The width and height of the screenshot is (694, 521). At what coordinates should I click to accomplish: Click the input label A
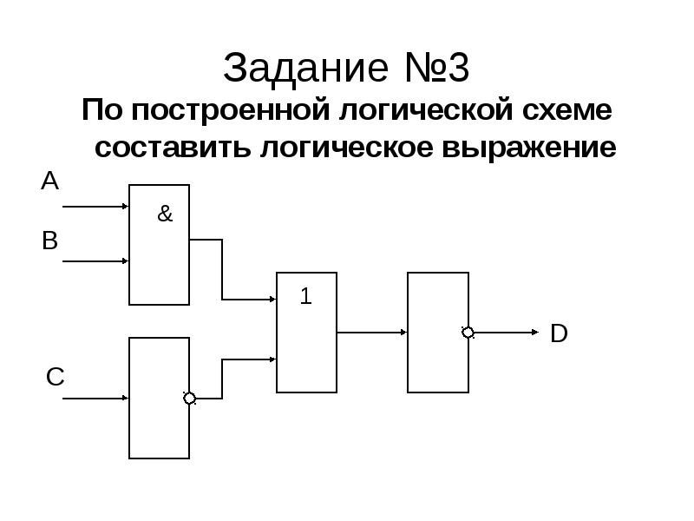(x=50, y=181)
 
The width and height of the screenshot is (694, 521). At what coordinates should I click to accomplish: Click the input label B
(x=50, y=241)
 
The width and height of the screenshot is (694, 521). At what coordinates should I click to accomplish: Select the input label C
(x=56, y=377)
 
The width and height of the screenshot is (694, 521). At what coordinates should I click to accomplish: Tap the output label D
(x=559, y=333)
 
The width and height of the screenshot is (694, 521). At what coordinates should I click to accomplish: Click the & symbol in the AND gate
(x=165, y=214)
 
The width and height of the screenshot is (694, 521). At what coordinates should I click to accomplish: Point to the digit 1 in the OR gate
(x=306, y=296)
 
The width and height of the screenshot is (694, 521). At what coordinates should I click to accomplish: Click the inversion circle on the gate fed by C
(x=189, y=399)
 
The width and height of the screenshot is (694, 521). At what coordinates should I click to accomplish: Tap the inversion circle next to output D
(x=468, y=333)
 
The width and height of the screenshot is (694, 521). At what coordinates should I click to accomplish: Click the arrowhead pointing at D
(x=535, y=333)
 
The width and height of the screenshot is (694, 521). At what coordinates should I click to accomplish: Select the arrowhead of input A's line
(x=125, y=207)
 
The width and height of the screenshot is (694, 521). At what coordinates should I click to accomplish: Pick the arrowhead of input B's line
(x=125, y=261)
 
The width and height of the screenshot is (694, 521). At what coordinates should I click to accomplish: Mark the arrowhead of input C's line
(x=125, y=398)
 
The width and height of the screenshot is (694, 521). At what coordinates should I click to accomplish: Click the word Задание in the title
(x=306, y=69)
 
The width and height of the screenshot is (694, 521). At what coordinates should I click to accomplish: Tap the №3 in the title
(x=437, y=68)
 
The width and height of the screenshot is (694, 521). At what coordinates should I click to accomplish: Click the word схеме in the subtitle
(x=567, y=110)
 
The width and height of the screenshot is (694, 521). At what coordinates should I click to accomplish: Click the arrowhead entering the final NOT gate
(x=403, y=333)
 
